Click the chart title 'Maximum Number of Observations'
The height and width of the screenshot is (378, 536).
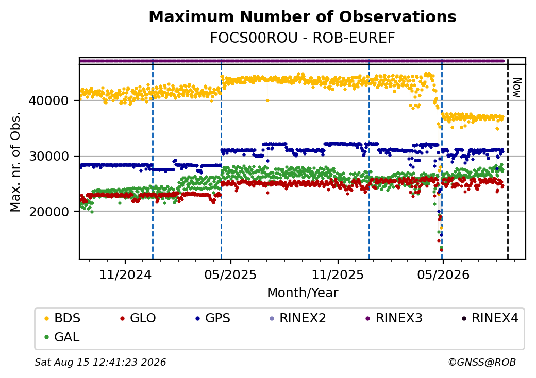[x=303, y=16]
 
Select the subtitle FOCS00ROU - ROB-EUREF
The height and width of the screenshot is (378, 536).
[x=303, y=38]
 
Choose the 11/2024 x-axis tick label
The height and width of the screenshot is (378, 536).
[x=125, y=274]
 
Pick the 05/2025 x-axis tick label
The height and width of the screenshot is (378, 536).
[x=230, y=274]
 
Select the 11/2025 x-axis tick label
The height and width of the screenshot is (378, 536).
[x=338, y=274]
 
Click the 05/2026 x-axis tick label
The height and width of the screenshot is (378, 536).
[x=443, y=274]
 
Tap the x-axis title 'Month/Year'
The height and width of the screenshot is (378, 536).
[x=303, y=293]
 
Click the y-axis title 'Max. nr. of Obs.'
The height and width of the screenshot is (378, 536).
[x=15, y=162]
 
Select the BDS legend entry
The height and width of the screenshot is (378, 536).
[x=62, y=318]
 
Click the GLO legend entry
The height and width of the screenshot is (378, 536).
[x=138, y=318]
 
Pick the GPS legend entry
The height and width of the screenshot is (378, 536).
[x=213, y=318]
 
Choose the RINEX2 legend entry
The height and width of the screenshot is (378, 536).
[x=298, y=318]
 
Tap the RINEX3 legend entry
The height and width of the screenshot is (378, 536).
[x=394, y=318]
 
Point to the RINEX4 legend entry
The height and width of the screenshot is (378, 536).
[x=490, y=318]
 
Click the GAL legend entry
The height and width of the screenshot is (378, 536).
[x=62, y=337]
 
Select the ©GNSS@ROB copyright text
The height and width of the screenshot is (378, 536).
[x=482, y=362]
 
